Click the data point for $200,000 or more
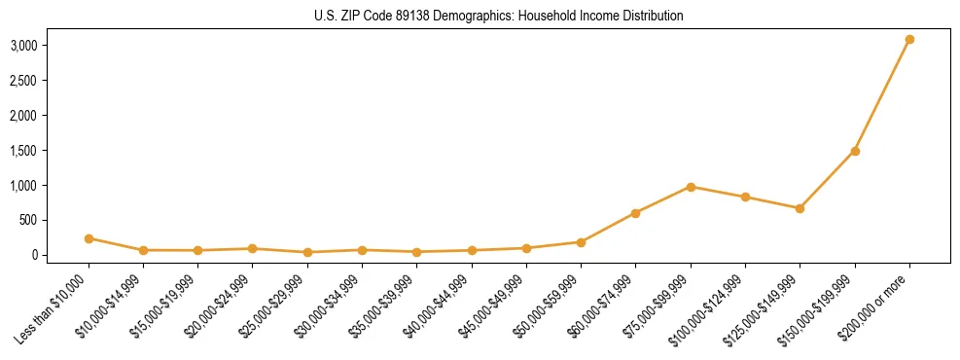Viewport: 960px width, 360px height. click(909, 40)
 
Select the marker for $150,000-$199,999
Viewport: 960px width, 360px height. click(855, 151)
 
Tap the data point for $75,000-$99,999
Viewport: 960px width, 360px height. click(691, 187)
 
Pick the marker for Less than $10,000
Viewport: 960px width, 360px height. click(89, 238)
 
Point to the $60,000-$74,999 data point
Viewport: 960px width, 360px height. click(635, 213)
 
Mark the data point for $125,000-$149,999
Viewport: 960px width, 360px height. click(800, 208)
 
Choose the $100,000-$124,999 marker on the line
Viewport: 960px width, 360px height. click(745, 197)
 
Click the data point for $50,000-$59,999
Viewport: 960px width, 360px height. click(581, 242)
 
